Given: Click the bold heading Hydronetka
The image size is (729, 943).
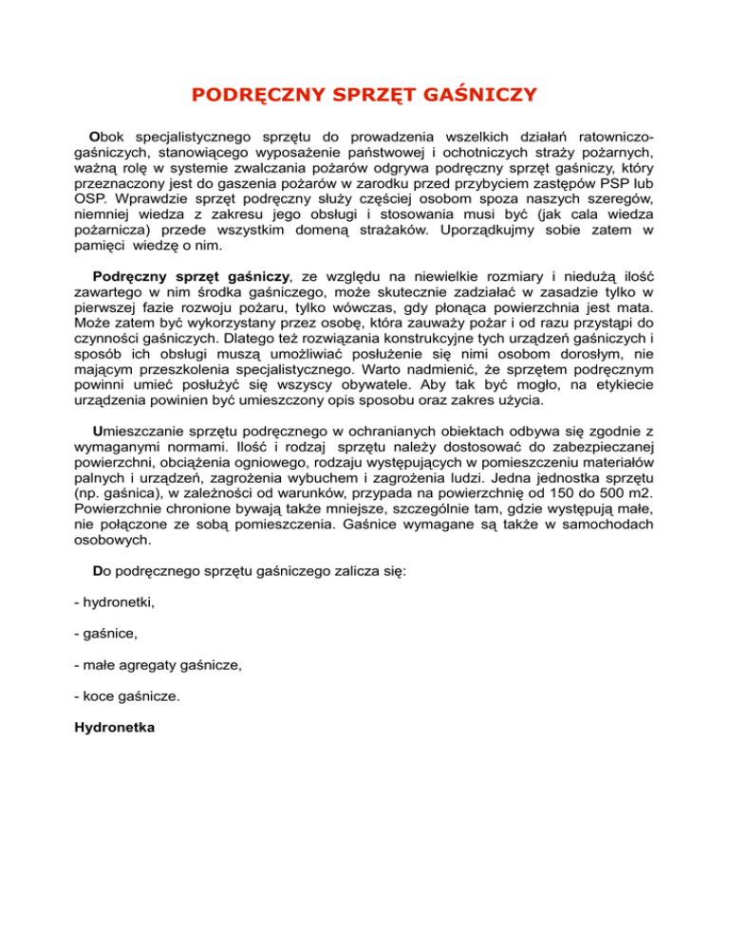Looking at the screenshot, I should point(112,731).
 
